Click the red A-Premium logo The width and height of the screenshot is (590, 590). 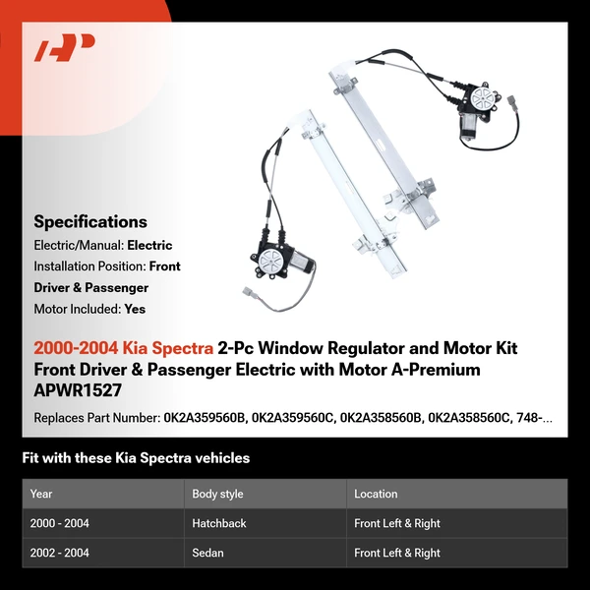click(x=64, y=48)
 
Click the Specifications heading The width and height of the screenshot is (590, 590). click(x=90, y=222)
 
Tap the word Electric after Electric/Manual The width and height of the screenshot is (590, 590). click(x=148, y=245)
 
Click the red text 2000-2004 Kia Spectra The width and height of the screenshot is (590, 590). click(x=122, y=349)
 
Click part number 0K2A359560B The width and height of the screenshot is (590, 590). click(x=206, y=418)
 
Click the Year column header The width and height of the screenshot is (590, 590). click(x=41, y=494)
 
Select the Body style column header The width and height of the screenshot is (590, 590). click(x=218, y=494)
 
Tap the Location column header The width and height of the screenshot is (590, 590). click(x=376, y=494)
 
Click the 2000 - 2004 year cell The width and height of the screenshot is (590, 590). click(x=59, y=523)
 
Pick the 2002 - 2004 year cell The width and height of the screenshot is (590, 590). click(x=59, y=553)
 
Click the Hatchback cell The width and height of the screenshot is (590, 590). click(x=219, y=523)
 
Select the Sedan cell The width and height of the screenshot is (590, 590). click(x=207, y=553)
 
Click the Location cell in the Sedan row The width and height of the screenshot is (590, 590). click(x=397, y=553)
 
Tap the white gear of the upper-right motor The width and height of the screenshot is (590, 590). click(x=485, y=99)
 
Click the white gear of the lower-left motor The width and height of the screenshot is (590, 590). click(x=265, y=262)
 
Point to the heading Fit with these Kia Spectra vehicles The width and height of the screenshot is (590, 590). click(x=136, y=458)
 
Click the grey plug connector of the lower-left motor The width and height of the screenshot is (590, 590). click(x=246, y=293)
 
